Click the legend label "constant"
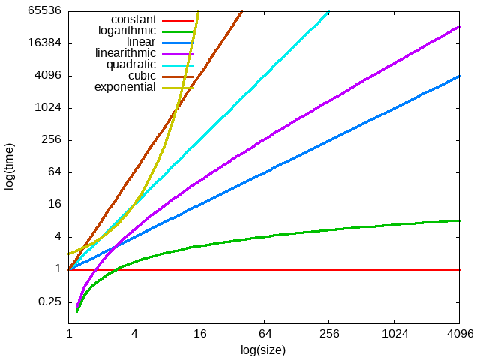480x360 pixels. (x=133, y=19)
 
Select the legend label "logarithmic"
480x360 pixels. (x=127, y=31)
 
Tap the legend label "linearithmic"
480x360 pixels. (x=125, y=53)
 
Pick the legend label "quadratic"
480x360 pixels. (x=130, y=64)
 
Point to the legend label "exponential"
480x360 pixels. (x=124, y=87)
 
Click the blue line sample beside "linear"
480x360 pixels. (x=177, y=42)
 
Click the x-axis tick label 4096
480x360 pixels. (x=459, y=333)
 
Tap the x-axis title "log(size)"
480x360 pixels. (x=263, y=349)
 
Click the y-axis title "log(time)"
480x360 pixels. (x=10, y=165)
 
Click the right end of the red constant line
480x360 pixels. (x=459, y=269)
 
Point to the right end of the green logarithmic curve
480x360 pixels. (x=459, y=220)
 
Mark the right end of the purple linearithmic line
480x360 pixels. (x=459, y=26)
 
